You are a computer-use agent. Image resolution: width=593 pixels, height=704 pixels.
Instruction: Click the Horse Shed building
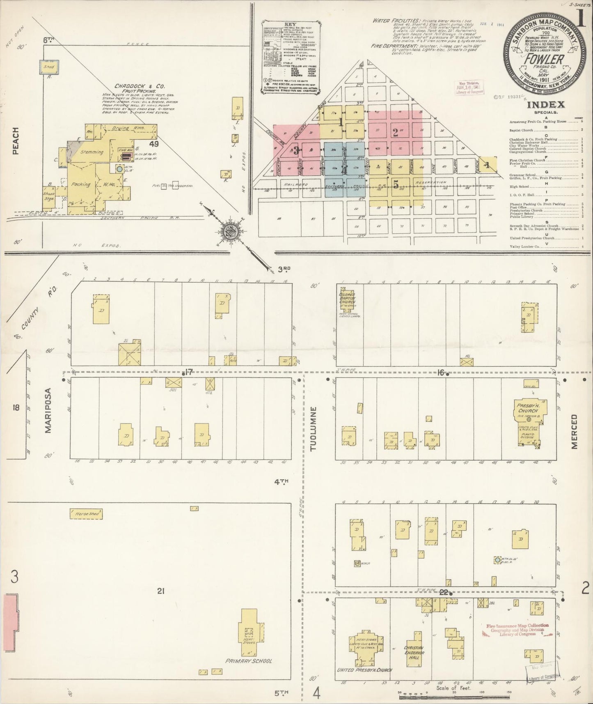(x=85, y=513)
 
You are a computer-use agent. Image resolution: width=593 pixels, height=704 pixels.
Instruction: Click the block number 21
(x=160, y=591)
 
